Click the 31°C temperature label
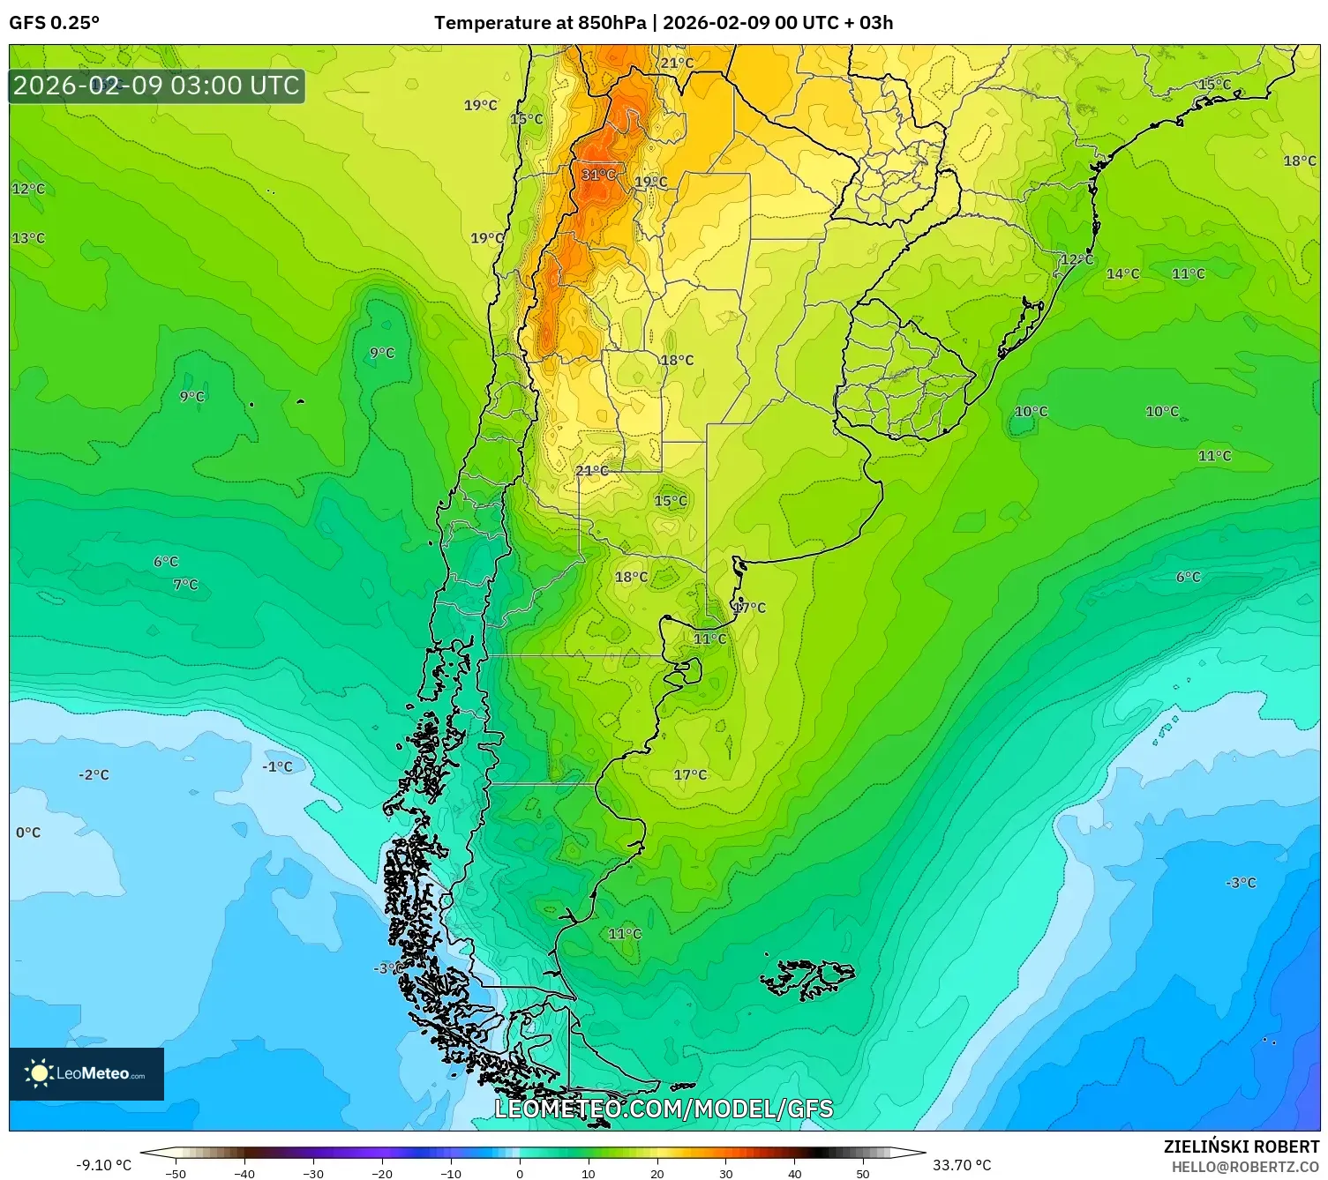click(598, 175)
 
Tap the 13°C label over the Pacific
click(28, 238)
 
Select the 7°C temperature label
click(185, 585)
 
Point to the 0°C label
click(28, 833)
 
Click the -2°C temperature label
click(94, 775)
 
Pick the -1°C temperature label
click(277, 767)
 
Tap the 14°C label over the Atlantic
click(1122, 274)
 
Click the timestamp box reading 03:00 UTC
click(157, 86)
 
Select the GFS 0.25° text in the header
click(55, 23)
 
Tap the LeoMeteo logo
click(86, 1073)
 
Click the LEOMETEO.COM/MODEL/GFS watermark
click(664, 1109)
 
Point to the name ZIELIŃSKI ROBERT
click(1241, 1146)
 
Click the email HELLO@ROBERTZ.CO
click(1244, 1167)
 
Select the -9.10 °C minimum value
click(103, 1165)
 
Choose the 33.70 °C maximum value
click(962, 1165)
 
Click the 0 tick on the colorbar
click(520, 1173)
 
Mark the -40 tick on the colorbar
click(244, 1173)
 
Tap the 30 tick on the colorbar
click(725, 1173)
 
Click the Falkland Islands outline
click(807, 977)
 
